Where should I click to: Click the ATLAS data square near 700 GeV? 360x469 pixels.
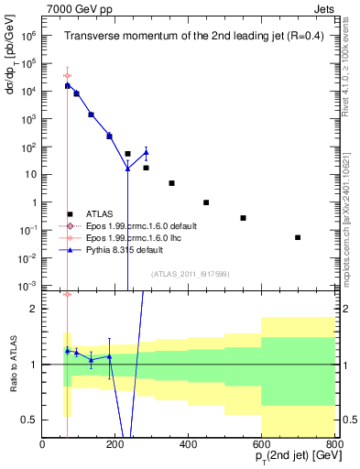point(298,237)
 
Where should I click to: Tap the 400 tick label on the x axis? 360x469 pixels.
point(189,445)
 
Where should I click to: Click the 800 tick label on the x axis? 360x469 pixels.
point(333,445)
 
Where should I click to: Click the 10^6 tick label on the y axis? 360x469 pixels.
point(27,36)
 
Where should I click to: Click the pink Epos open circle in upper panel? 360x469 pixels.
point(67,75)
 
